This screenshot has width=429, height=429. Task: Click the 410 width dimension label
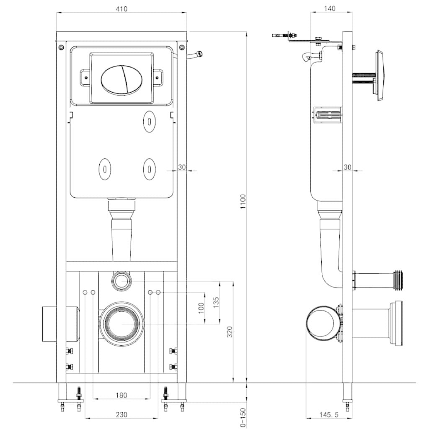coord(122,9)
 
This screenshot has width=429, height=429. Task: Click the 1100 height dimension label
coord(243,202)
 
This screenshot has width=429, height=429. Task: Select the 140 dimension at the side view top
coord(329,9)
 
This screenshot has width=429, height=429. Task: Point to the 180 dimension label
coord(122,395)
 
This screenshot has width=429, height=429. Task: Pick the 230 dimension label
coord(122,415)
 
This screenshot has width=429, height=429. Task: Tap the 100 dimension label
coord(201,308)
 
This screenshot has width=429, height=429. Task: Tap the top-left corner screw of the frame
coord(61,46)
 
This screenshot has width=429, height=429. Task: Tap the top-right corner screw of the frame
coord(182,46)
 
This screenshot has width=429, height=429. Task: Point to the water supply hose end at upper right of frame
coord(199,54)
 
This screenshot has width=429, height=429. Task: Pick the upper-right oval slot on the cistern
coord(149,120)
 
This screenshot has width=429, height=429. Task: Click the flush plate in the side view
coord(380,76)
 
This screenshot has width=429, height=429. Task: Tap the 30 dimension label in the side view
coord(347,167)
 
